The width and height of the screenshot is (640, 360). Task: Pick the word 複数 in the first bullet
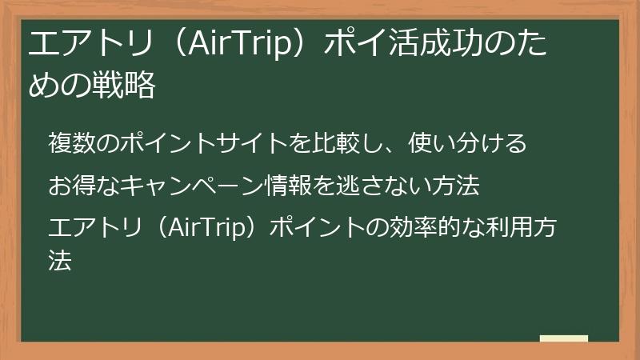point(69,144)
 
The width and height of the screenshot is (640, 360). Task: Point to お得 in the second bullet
point(69,186)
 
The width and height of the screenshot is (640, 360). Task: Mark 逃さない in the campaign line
point(381,186)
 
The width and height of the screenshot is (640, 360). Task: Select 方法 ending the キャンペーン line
point(458,186)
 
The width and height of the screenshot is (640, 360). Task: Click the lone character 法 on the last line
point(59,259)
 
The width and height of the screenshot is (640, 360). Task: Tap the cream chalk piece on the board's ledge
point(563,338)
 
